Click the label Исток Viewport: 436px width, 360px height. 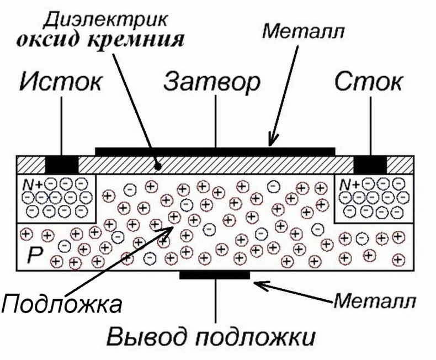click(61, 82)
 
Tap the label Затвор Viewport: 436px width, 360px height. click(212, 83)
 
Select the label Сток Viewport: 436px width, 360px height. click(369, 82)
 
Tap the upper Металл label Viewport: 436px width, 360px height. click(304, 31)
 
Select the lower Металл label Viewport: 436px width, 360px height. click(375, 301)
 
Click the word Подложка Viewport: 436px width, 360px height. click(61, 304)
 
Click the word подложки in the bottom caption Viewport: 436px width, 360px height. click(256, 337)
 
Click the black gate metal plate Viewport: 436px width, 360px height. click(215, 152)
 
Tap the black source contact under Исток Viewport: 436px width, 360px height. click(62, 165)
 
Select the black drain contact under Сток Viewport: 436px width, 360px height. click(370, 165)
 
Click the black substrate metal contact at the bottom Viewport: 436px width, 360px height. click(215, 275)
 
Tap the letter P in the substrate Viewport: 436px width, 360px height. click(35, 255)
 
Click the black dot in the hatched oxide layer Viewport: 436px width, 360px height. click(158, 167)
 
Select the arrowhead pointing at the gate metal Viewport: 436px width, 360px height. click(273, 139)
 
